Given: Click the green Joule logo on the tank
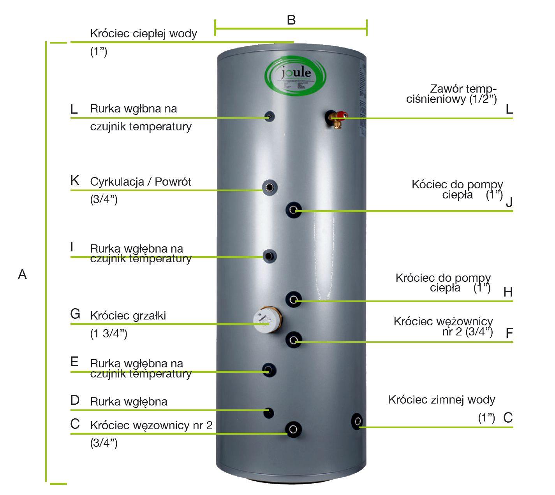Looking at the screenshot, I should [295, 76].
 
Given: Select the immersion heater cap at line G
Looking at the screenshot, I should [262, 321].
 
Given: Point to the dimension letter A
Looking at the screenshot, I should [22, 275].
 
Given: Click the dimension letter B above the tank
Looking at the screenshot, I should [291, 20].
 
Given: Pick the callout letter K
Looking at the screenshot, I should [75, 181].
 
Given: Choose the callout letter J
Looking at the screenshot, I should [509, 202].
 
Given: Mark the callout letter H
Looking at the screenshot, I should [508, 292].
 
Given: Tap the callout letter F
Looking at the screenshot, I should [509, 334].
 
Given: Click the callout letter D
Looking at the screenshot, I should [75, 400].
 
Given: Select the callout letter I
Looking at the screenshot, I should [72, 247].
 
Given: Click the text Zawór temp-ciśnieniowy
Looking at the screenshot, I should [452, 94].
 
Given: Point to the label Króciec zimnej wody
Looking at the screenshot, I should [442, 400].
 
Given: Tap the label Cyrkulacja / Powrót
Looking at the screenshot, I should [141, 182].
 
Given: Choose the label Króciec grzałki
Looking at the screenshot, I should [128, 316].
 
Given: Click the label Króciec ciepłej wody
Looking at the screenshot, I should [143, 33].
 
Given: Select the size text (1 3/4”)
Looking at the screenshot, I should [109, 334].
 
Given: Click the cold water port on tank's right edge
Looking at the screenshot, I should [357, 421].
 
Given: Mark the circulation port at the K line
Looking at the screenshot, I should [269, 188].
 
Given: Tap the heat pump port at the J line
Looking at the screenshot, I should [294, 211].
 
